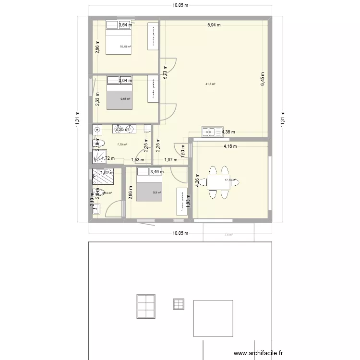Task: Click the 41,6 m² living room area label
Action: click(x=210, y=84)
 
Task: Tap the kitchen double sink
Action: click(x=210, y=131)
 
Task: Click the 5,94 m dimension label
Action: click(x=214, y=24)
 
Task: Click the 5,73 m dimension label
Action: click(x=165, y=72)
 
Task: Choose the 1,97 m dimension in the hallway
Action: click(x=171, y=160)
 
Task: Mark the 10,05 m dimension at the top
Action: click(x=180, y=5)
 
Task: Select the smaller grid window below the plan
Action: click(x=179, y=304)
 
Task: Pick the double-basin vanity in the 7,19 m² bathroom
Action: click(x=126, y=129)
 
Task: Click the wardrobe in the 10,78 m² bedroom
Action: click(x=153, y=36)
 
